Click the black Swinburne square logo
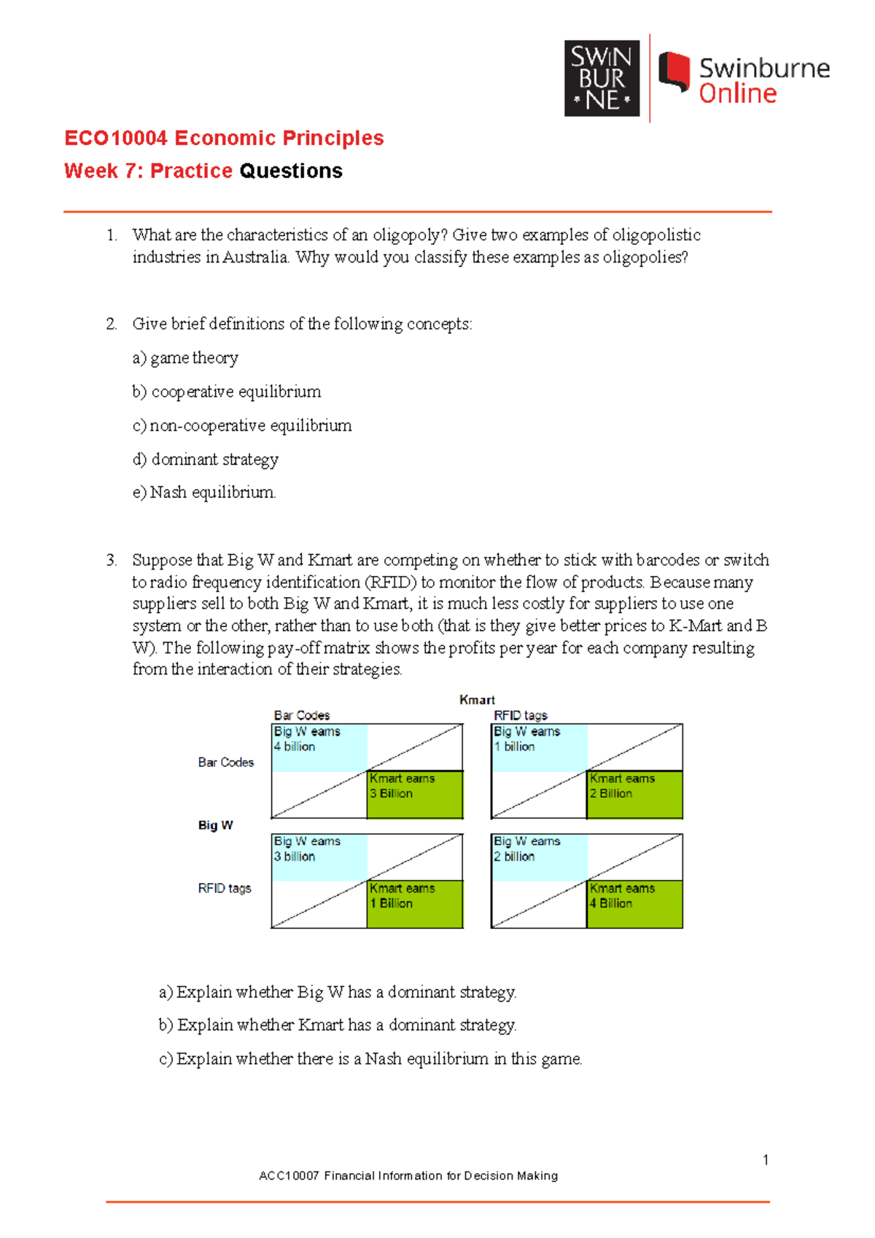[602, 79]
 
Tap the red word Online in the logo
[737, 94]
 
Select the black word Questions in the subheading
[290, 171]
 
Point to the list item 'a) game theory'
[186, 358]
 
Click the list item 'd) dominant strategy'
[206, 459]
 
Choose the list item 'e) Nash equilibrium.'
[204, 493]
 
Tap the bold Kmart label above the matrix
[477, 700]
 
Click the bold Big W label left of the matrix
[215, 825]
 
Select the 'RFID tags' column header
[520, 715]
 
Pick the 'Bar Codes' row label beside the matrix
[225, 763]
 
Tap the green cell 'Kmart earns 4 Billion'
[634, 904]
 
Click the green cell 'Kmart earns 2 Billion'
[634, 794]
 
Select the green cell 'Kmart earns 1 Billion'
[414, 904]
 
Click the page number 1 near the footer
[765, 1160]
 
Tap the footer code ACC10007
[289, 1176]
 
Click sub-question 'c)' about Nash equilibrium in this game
[370, 1059]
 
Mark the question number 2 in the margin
[111, 324]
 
